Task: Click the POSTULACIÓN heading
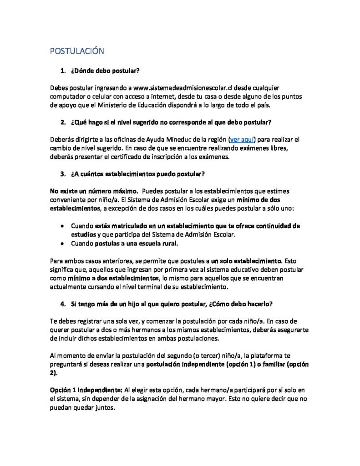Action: pos(77,51)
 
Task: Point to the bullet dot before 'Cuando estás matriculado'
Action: pos(62,226)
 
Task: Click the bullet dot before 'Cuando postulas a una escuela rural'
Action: pos(62,243)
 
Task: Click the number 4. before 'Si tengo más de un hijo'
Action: pos(63,304)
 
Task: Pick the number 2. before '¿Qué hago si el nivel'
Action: pos(63,122)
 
